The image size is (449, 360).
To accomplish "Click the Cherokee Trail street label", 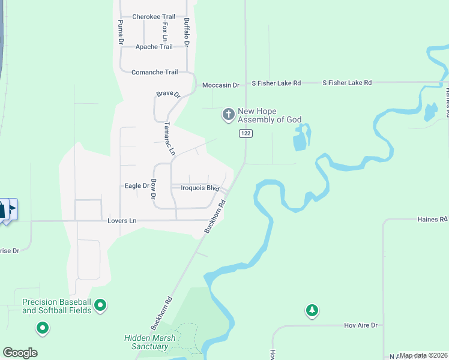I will click(x=154, y=17).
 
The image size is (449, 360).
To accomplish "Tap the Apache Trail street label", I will click(x=154, y=47).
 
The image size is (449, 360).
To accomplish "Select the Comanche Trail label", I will click(x=154, y=72).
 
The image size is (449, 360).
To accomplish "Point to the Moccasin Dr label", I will click(x=220, y=85).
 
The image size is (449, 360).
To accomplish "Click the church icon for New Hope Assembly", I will click(x=228, y=114).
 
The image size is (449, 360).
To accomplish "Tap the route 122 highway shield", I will click(x=245, y=133).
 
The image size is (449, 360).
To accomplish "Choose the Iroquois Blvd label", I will click(x=200, y=188).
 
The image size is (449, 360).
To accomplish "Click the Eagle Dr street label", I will click(x=136, y=186).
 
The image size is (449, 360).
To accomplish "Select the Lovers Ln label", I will click(x=122, y=221).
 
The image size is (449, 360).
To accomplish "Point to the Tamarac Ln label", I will click(x=169, y=139).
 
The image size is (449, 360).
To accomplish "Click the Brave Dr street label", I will click(x=168, y=94).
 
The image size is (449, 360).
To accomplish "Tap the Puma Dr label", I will click(x=121, y=33).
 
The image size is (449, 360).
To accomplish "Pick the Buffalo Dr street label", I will click(x=187, y=33).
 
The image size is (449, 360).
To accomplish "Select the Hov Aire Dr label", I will click(x=360, y=325).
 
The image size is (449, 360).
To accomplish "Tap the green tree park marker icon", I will click(x=312, y=310).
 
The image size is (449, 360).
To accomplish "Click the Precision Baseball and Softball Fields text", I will click(x=56, y=306).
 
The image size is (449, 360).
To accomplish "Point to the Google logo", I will click(x=20, y=352).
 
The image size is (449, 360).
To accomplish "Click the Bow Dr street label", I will click(x=153, y=189).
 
